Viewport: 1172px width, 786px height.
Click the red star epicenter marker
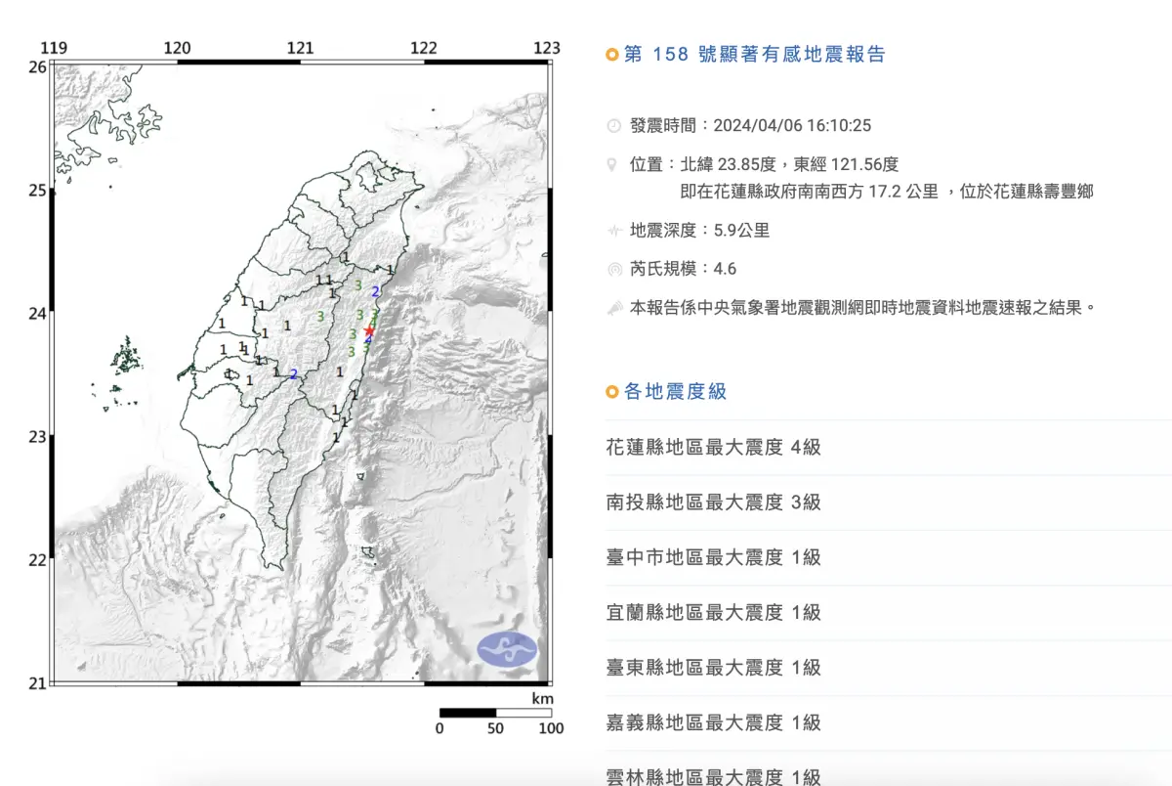coord(369,331)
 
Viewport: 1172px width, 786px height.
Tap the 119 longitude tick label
coord(54,48)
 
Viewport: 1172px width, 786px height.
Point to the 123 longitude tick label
coord(547,48)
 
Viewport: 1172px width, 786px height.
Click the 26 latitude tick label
coord(37,66)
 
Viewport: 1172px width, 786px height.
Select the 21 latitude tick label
coord(37,682)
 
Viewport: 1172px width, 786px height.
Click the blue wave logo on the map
coord(507,650)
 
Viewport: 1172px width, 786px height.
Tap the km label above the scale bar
coord(543,699)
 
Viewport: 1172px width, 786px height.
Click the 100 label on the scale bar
coord(551,728)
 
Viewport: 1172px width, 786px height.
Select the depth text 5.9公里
coord(741,231)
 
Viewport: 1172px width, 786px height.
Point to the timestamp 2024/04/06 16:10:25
coord(792,125)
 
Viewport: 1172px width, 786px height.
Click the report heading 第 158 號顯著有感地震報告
coord(753,55)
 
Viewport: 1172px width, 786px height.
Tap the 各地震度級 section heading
coord(675,392)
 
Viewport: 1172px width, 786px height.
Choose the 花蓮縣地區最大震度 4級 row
coord(714,448)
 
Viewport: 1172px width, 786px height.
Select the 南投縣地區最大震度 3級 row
coord(714,502)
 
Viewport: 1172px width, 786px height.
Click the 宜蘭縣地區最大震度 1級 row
coord(714,613)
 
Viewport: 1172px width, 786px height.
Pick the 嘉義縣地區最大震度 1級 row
coord(714,723)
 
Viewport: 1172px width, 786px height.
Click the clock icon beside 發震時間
coord(613,126)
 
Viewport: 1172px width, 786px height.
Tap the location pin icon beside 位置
coord(613,164)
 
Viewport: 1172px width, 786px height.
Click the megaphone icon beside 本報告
coord(613,307)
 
